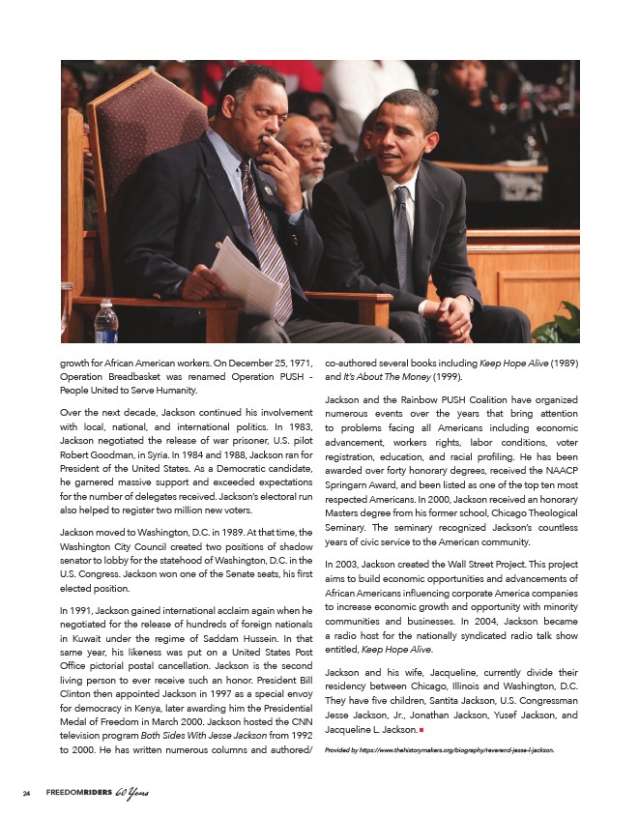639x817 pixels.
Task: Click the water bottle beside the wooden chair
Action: click(x=106, y=323)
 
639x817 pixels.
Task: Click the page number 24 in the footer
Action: click(x=28, y=794)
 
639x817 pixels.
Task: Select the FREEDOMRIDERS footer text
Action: click(x=79, y=794)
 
